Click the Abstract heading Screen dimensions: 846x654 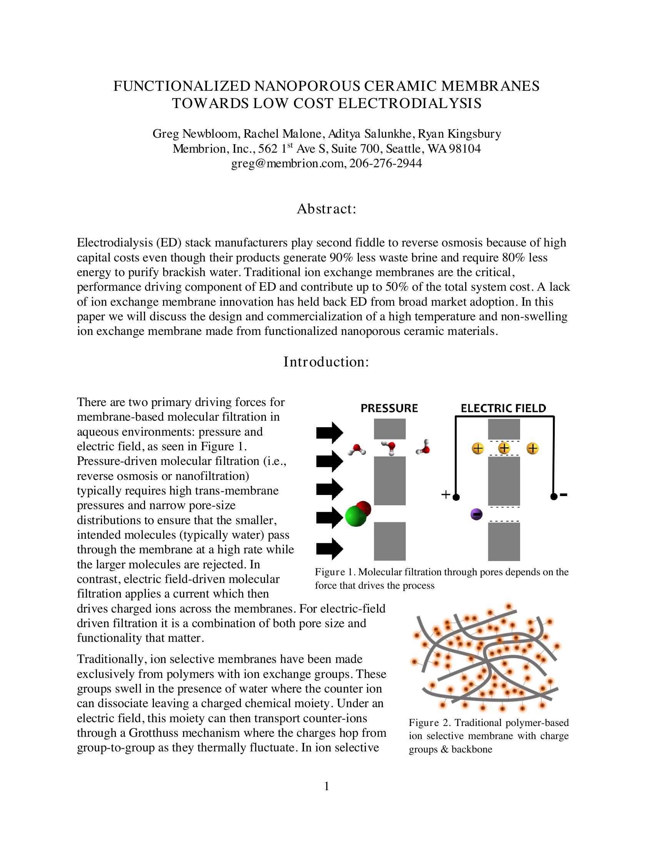pos(326,209)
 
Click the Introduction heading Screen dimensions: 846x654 pos(326,362)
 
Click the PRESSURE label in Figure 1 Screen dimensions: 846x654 pos(389,408)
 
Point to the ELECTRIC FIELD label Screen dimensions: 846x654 pos(503,408)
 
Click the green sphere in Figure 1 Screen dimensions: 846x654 pos(356,517)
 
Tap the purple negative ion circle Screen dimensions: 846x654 pos(477,515)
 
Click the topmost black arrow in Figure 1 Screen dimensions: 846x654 pos(329,432)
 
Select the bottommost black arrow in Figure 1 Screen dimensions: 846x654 pos(329,548)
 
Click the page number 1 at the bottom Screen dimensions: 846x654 pos(327,787)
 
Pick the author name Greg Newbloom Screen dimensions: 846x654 pos(197,134)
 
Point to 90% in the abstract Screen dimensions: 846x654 pos(341,258)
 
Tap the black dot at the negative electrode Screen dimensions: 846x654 pos(554,496)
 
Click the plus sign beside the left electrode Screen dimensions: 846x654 pos(446,495)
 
